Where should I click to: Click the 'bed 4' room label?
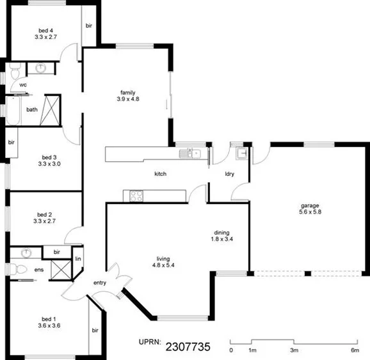tap(45, 30)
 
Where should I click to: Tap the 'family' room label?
tap(128, 92)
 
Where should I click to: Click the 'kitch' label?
tap(161, 173)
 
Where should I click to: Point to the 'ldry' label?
tap(229, 173)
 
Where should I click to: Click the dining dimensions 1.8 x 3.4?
tap(221, 240)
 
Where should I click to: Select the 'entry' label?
tap(100, 282)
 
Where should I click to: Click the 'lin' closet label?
tap(77, 259)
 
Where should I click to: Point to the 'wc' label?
tap(22, 84)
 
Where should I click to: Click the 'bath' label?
tap(31, 109)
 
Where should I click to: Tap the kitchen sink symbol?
tap(190, 153)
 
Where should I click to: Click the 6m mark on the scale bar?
tap(355, 350)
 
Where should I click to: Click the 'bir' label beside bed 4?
tap(88, 26)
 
